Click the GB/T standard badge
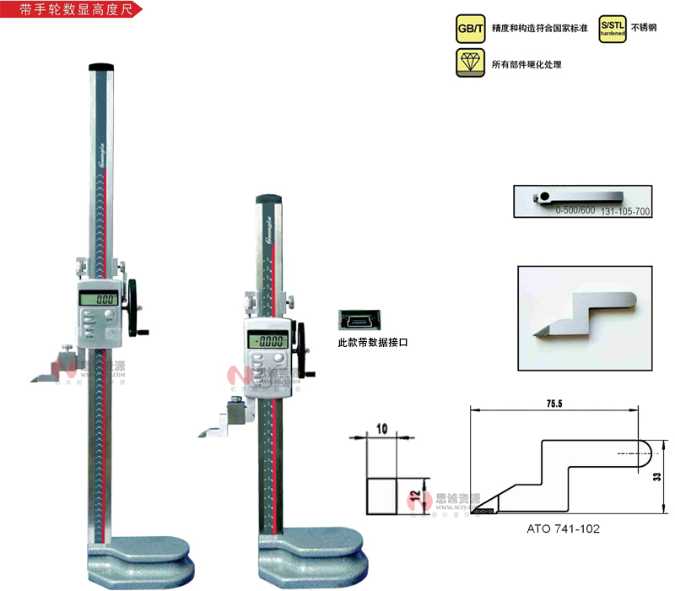pos(470,30)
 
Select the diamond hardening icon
pos(470,63)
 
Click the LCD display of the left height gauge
pos(97,298)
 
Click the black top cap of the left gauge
pos(102,67)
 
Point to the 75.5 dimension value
pos(553,404)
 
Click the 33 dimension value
pos(657,477)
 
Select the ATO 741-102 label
pos(562,529)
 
